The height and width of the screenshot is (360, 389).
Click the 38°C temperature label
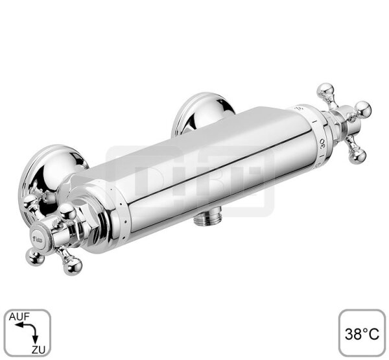tap(361, 333)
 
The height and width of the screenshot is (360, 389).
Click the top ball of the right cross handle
tap(324, 91)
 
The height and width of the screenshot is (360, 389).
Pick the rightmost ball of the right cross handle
tap(364, 108)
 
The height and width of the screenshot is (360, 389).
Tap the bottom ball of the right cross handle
tap(358, 155)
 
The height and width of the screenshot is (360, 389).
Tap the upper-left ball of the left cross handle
tap(29, 202)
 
